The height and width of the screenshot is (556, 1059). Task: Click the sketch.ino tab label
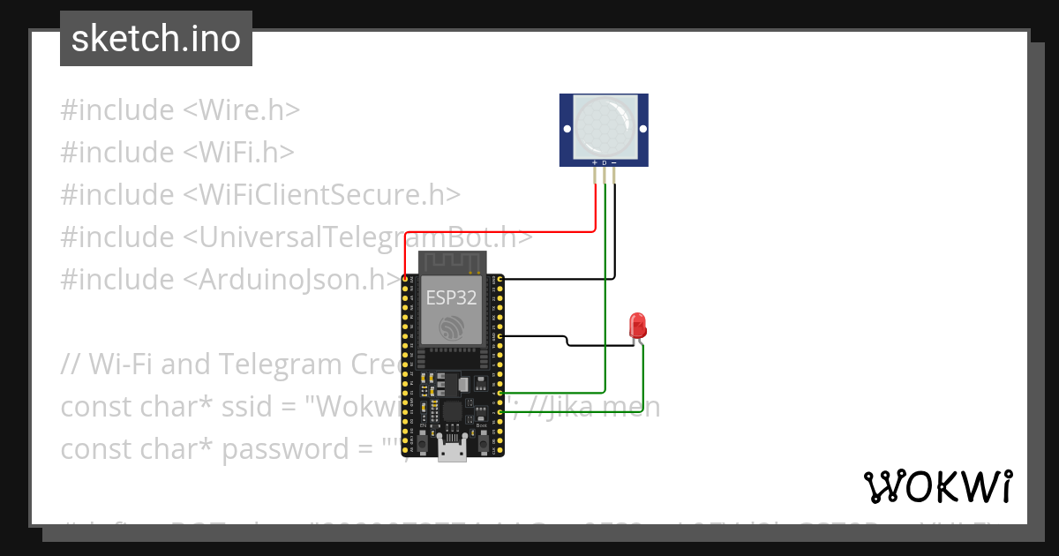coord(156,39)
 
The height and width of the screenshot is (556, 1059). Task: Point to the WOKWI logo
coord(938,486)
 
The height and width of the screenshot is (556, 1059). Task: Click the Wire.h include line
coord(180,110)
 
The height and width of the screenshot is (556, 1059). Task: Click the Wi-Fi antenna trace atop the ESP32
coord(453,262)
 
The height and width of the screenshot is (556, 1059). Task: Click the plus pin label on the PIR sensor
coord(595,163)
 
